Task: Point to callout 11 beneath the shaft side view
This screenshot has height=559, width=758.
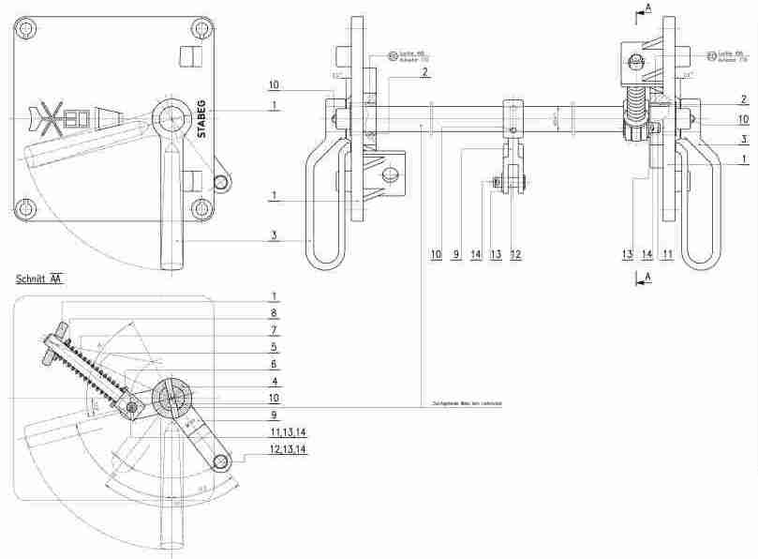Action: tap(668, 254)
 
